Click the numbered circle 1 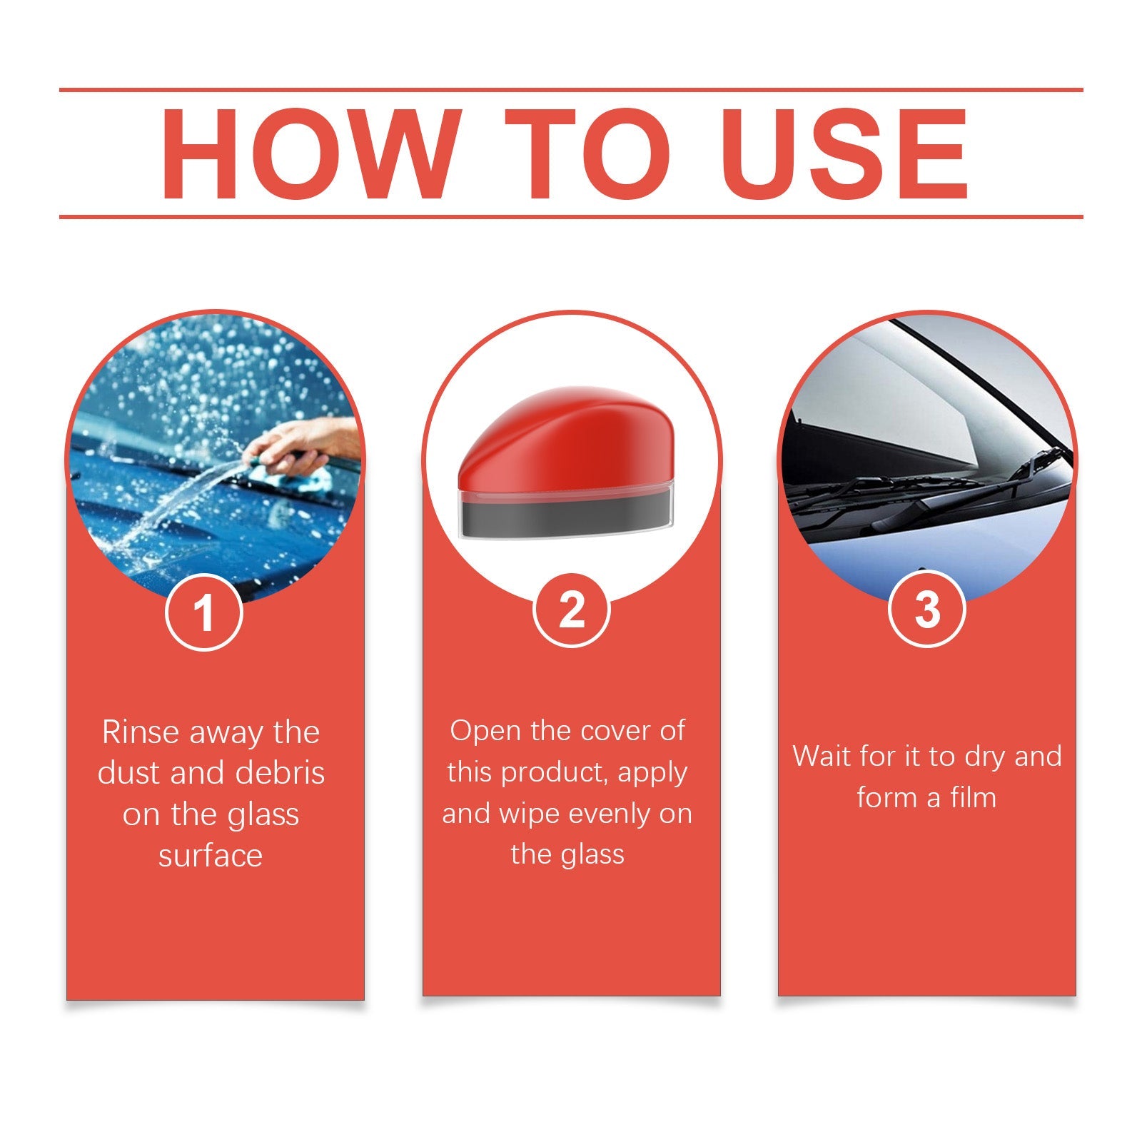click(x=204, y=612)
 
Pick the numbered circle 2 click(x=571, y=610)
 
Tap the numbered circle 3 click(x=926, y=610)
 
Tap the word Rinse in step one click(x=140, y=733)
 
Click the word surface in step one click(x=211, y=856)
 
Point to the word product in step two click(x=554, y=773)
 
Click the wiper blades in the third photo click(x=928, y=492)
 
